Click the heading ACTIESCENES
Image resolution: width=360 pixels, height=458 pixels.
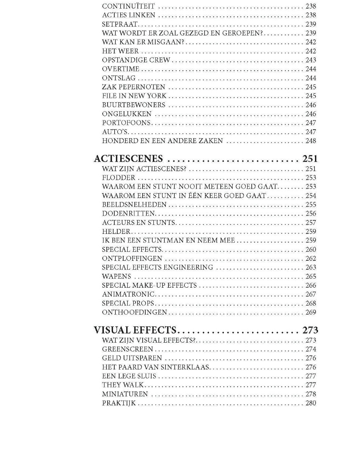[x=128, y=159]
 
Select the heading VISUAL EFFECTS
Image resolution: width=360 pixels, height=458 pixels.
[x=135, y=330]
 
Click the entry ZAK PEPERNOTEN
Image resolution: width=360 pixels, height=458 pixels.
[x=133, y=87]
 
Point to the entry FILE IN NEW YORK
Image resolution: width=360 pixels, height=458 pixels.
[x=134, y=96]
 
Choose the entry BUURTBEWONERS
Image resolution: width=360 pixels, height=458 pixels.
[x=133, y=105]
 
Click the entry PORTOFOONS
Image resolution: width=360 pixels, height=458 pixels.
[x=126, y=123]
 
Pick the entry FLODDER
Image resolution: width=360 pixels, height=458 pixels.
[x=118, y=178]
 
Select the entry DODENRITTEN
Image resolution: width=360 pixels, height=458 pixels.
[x=128, y=214]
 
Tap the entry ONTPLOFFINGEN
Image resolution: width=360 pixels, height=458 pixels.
[x=132, y=259]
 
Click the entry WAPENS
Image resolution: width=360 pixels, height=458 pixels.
[x=117, y=276]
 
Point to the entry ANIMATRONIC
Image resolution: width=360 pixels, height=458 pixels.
[x=128, y=294]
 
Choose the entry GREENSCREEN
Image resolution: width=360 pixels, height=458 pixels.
[x=127, y=349]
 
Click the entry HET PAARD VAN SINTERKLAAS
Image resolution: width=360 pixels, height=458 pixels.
[x=155, y=367]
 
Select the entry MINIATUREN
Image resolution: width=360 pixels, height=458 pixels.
[x=125, y=394]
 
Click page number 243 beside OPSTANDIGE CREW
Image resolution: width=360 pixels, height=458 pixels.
[x=311, y=60]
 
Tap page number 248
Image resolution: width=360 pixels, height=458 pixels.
[x=311, y=141]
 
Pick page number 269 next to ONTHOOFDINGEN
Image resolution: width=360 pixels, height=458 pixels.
[x=311, y=312]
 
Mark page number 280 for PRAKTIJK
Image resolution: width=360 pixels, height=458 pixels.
[x=311, y=403]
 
